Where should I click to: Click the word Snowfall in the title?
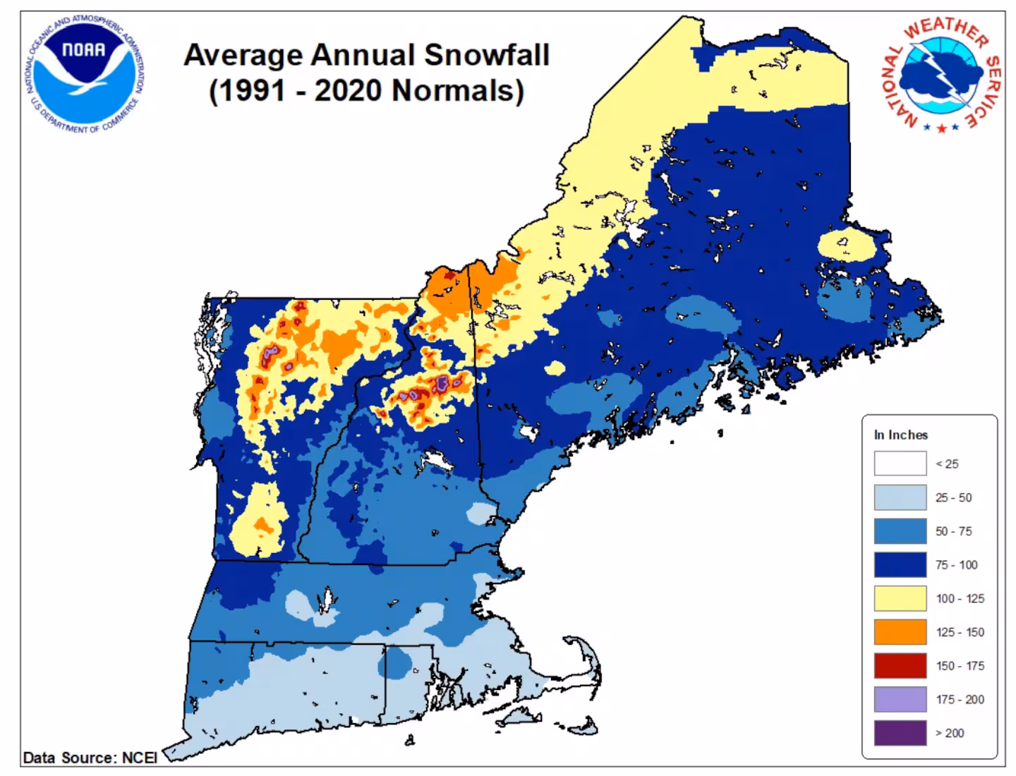click(x=486, y=55)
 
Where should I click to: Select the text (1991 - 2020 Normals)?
click(x=366, y=91)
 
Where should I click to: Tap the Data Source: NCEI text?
click(x=90, y=758)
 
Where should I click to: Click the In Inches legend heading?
click(x=900, y=435)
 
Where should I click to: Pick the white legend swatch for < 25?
click(x=900, y=463)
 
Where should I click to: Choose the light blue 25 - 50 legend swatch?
click(x=900, y=497)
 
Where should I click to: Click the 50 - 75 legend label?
click(x=953, y=531)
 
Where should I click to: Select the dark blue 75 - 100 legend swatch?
click(x=900, y=564)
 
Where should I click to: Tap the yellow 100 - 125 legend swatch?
click(x=900, y=598)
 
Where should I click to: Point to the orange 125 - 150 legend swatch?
click(x=900, y=632)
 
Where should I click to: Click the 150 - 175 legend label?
click(x=960, y=666)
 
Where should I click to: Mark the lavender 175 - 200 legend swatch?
click(x=900, y=699)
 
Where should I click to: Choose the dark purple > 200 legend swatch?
click(x=900, y=733)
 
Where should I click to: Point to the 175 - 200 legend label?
click(x=960, y=699)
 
